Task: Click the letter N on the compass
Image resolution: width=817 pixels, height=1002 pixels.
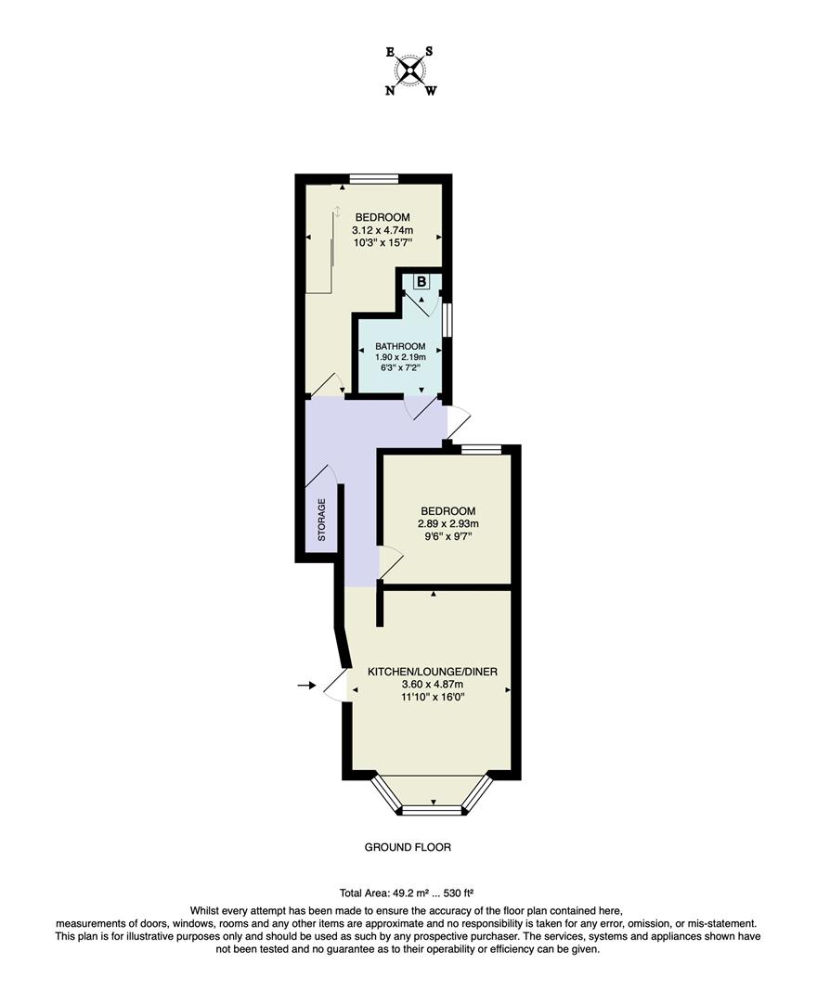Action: click(x=390, y=91)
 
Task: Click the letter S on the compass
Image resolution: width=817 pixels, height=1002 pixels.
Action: click(x=429, y=52)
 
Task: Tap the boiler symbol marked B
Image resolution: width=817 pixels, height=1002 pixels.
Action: click(x=421, y=281)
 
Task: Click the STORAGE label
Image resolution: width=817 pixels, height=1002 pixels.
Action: click(x=322, y=520)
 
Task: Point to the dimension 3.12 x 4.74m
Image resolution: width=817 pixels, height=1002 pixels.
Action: click(x=381, y=230)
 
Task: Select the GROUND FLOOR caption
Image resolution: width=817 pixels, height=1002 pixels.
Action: click(x=408, y=847)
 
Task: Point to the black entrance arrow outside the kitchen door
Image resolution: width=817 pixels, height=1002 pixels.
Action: click(x=305, y=686)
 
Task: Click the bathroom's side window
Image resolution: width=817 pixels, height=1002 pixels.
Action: click(x=447, y=318)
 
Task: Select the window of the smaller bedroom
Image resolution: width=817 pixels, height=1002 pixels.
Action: click(x=481, y=450)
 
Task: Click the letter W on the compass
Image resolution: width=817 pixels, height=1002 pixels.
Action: click(x=431, y=91)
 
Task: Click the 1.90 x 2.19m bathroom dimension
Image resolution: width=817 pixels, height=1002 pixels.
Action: click(x=399, y=357)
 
